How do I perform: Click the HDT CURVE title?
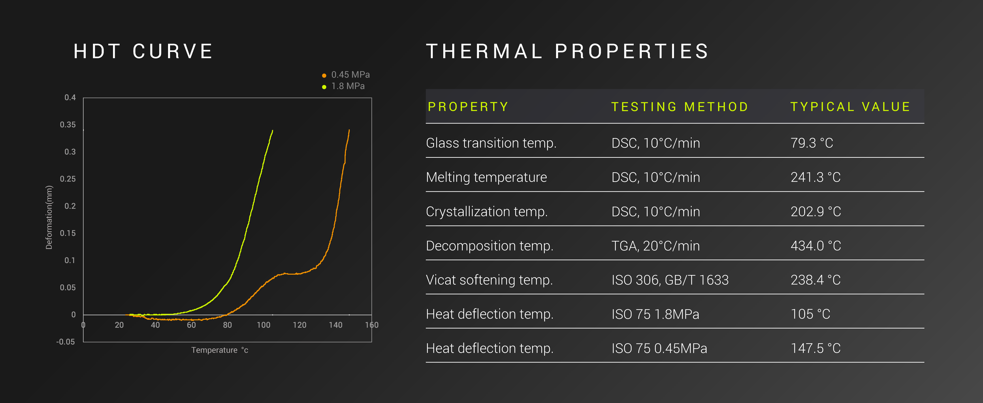(143, 51)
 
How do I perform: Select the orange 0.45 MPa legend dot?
(324, 75)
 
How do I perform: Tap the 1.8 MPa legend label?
(348, 86)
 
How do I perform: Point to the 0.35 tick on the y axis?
(68, 125)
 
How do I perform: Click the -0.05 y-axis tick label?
(66, 341)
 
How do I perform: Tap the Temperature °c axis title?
(220, 350)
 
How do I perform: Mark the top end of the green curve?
(273, 130)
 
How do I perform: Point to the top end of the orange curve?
(349, 130)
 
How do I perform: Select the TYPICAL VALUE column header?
(850, 107)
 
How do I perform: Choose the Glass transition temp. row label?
(491, 143)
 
